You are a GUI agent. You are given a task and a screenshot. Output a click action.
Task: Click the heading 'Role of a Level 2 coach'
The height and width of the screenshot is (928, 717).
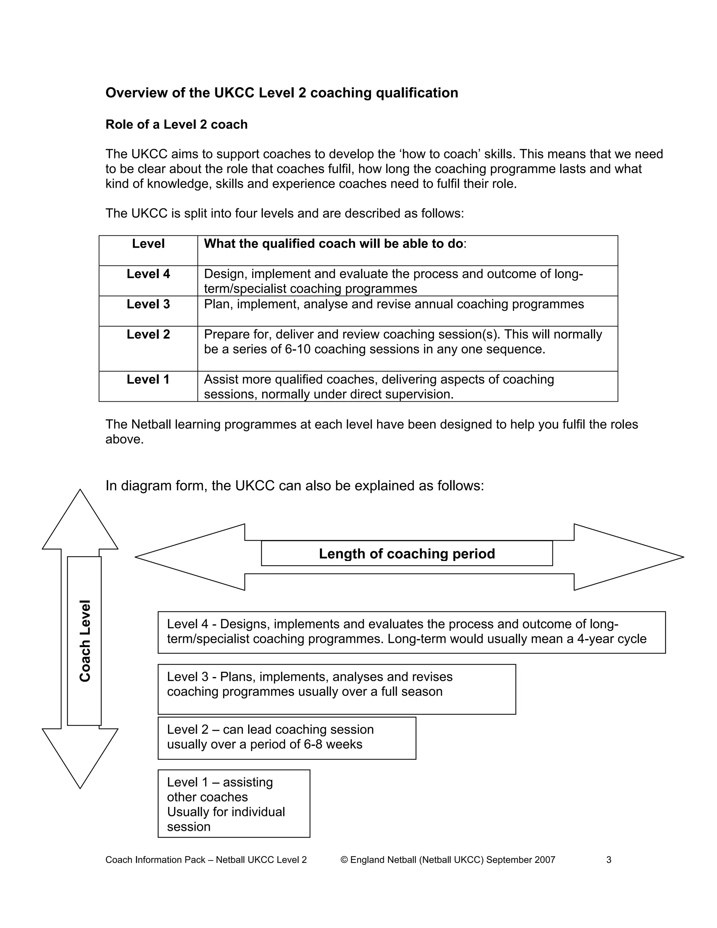176,125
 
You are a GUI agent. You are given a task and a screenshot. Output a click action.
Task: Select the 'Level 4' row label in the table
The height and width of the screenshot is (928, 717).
148,274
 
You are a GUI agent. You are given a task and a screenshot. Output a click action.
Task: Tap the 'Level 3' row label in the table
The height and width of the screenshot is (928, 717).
148,304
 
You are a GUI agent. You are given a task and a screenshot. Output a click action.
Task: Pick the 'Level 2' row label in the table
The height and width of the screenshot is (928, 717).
148,334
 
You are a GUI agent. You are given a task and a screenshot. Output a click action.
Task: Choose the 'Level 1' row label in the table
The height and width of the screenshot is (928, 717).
148,380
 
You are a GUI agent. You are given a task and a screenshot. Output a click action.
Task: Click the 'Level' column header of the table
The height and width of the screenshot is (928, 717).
148,244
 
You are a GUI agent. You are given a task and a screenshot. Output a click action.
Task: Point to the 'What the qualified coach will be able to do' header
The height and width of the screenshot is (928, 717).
333,244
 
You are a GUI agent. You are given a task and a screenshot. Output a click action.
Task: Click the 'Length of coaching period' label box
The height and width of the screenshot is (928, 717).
406,554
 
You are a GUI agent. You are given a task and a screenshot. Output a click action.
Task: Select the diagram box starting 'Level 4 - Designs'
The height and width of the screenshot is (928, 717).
411,632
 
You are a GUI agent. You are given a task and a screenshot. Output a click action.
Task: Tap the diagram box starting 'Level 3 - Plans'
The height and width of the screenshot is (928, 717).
336,689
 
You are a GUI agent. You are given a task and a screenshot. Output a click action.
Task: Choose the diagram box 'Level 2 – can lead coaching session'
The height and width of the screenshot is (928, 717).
287,738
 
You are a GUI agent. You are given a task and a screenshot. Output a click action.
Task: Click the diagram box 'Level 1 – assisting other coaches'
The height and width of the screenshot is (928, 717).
234,803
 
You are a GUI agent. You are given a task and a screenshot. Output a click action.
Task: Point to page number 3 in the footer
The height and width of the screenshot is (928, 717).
609,860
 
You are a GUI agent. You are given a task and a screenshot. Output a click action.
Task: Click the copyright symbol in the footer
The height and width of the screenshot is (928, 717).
344,860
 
